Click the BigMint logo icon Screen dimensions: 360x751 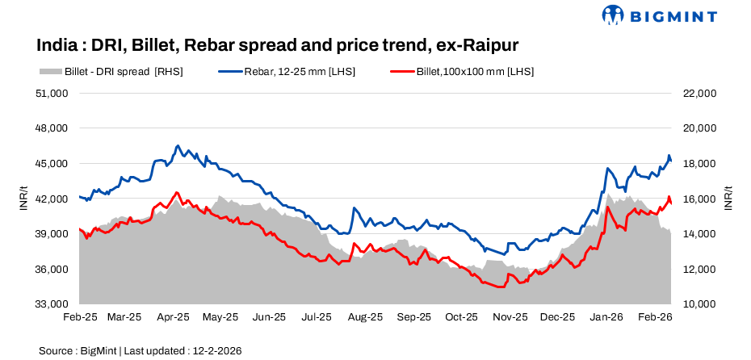click(x=614, y=15)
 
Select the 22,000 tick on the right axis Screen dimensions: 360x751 click(x=699, y=94)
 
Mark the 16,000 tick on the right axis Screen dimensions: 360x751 click(x=699, y=199)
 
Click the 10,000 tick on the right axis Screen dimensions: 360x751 click(x=699, y=304)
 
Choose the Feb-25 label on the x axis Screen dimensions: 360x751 click(x=79, y=318)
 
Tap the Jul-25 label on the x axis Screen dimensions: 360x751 click(x=317, y=318)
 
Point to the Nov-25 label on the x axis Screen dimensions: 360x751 click(x=510, y=318)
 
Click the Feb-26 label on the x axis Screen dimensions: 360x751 click(x=656, y=318)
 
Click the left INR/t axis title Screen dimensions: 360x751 click(x=23, y=199)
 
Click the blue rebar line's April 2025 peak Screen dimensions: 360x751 click(x=177, y=146)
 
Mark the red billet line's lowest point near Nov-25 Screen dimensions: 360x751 click(x=501, y=287)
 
